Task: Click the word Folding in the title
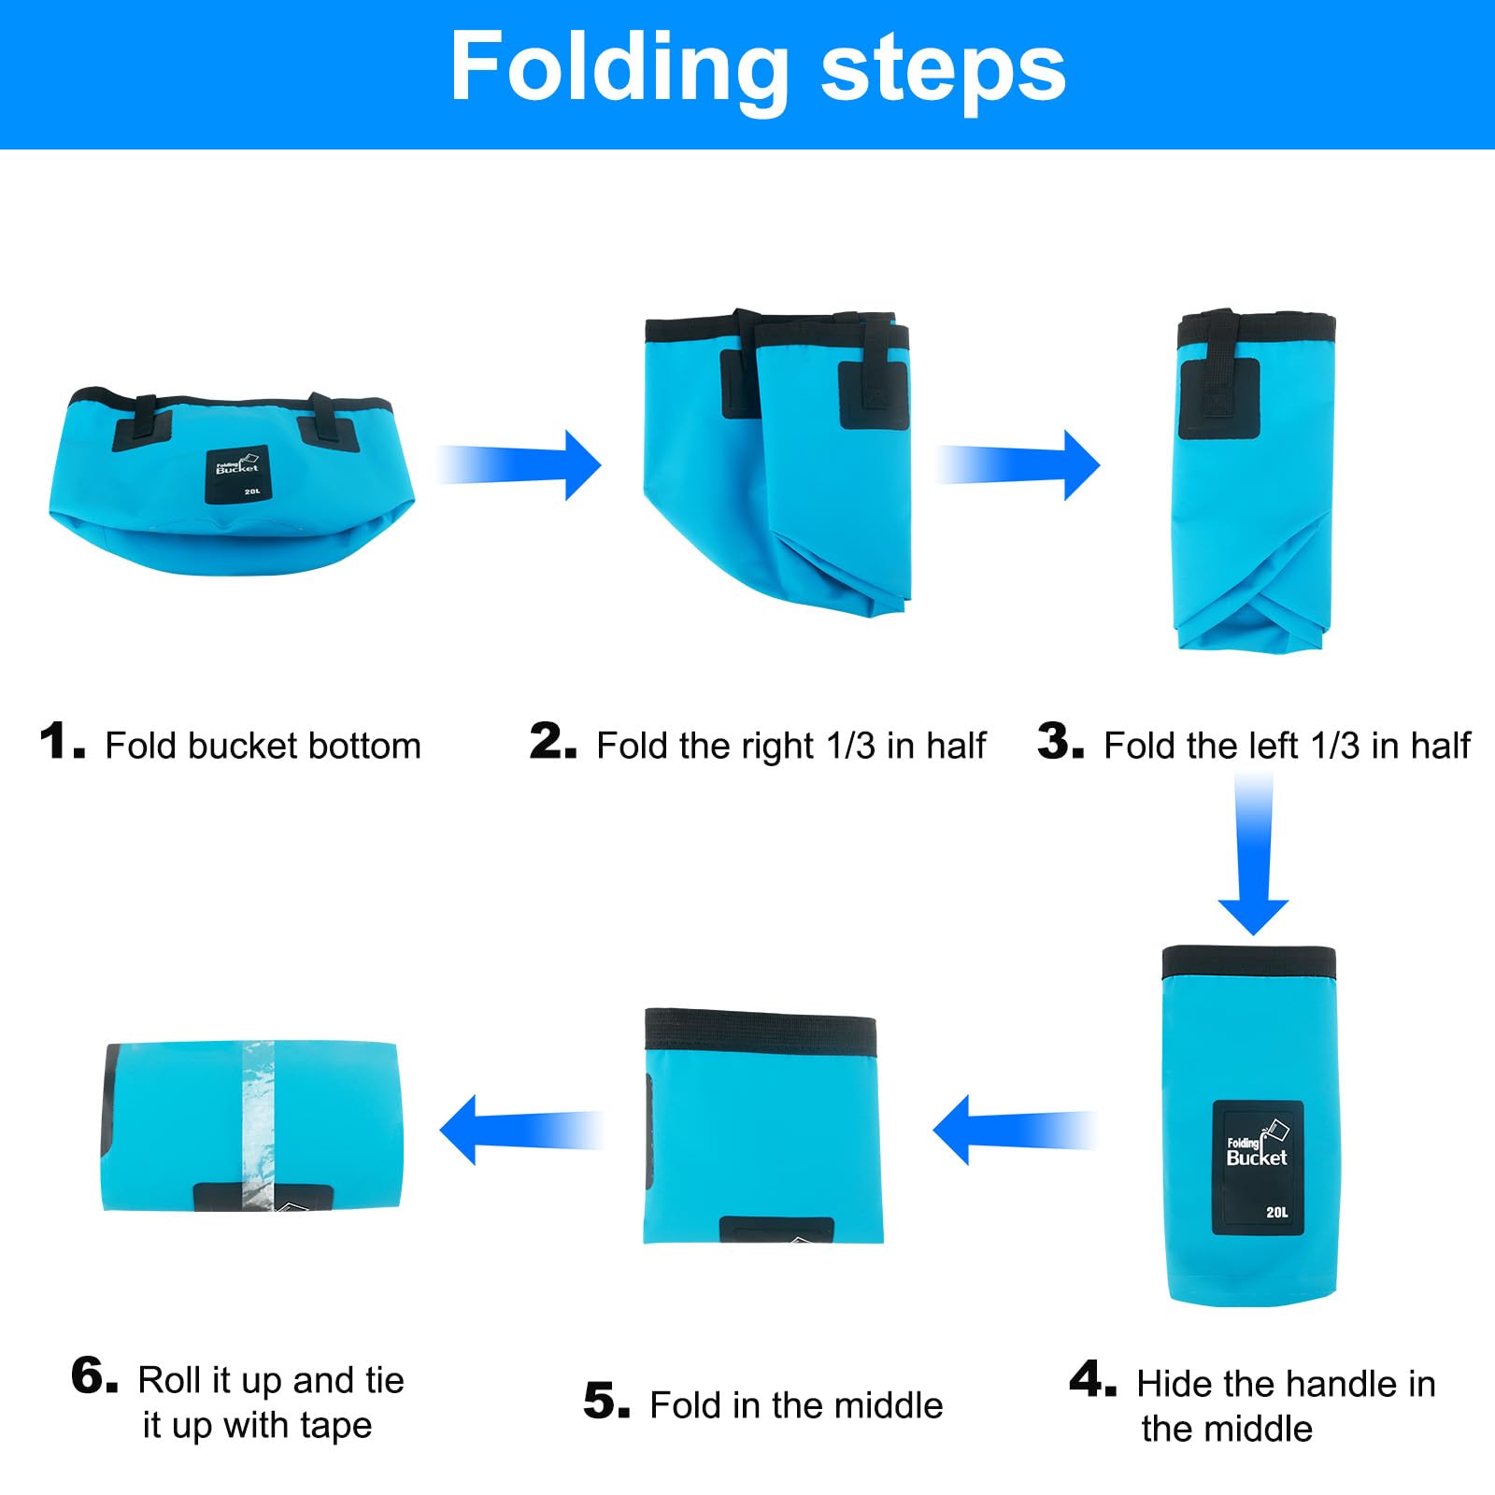pyautogui.click(x=619, y=68)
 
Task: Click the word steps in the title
pyautogui.click(x=944, y=72)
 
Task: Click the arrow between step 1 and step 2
pyautogui.click(x=520, y=464)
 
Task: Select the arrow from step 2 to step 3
pyautogui.click(x=1018, y=464)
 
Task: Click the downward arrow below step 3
pyautogui.click(x=1253, y=855)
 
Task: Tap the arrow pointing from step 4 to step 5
pyautogui.click(x=1015, y=1130)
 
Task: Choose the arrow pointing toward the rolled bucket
pyautogui.click(x=521, y=1130)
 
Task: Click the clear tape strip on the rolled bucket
pyautogui.click(x=259, y=1125)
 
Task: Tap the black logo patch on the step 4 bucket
pyautogui.click(x=1258, y=1168)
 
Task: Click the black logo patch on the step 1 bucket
pyautogui.click(x=237, y=474)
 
